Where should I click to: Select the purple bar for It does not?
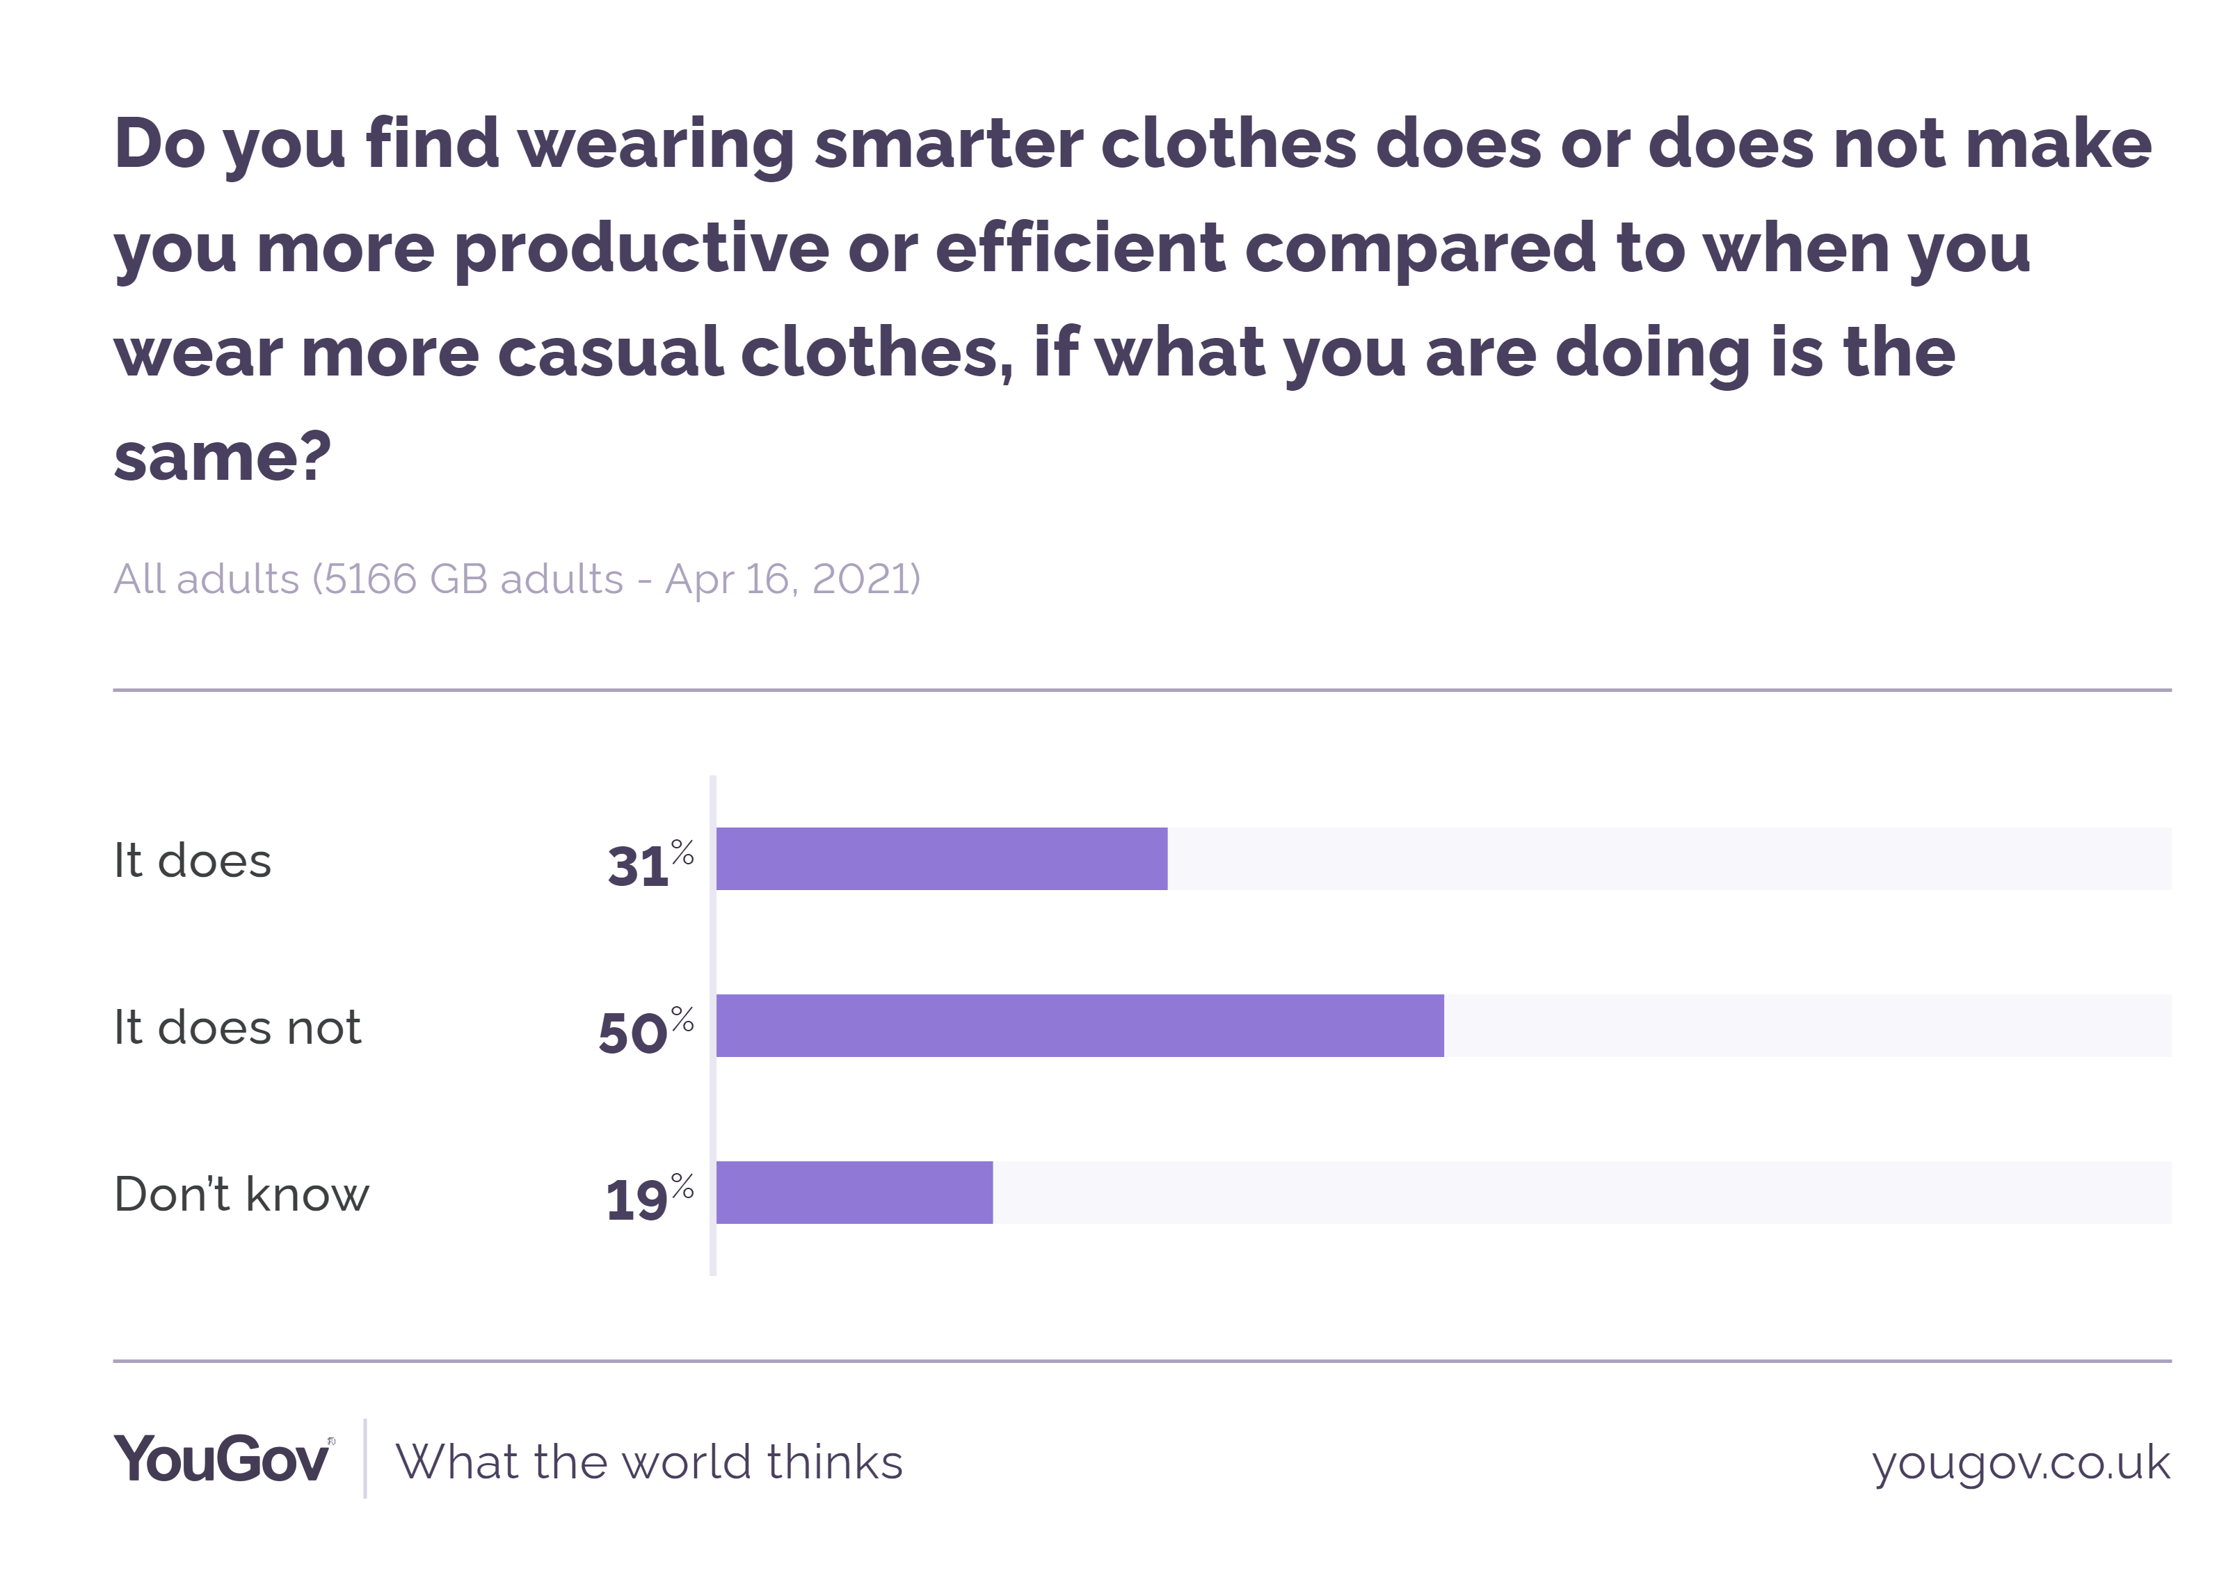click(1080, 1025)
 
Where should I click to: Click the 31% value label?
click(649, 863)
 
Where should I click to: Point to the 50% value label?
click(645, 1030)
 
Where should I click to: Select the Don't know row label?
click(241, 1193)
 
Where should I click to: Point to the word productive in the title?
click(641, 250)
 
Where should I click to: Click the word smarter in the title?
click(948, 144)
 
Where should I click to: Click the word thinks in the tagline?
click(835, 1462)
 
